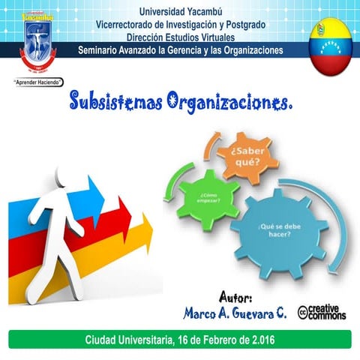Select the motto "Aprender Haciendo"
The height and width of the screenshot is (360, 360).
pyautogui.click(x=37, y=82)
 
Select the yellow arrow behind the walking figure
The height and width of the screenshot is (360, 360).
pyautogui.click(x=127, y=247)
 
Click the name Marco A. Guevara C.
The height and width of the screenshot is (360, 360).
pyautogui.click(x=235, y=313)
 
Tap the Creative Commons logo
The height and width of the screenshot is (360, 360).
pyautogui.click(x=322, y=312)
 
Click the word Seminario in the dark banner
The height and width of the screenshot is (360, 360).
pyautogui.click(x=106, y=51)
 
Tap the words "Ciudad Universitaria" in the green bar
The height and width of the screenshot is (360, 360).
pyautogui.click(x=127, y=340)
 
